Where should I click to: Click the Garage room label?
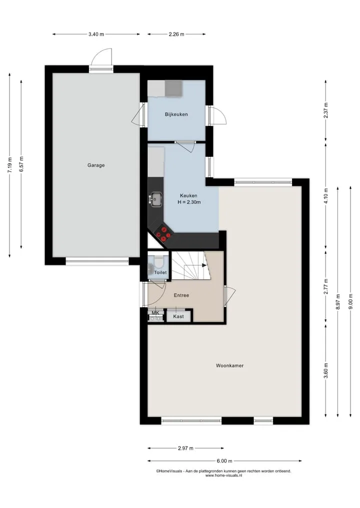click(96, 165)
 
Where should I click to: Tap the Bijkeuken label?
click(176, 114)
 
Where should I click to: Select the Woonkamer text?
click(229, 366)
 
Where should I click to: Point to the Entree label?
click(181, 295)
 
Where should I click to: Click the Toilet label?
click(160, 272)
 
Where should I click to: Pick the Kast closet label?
click(178, 316)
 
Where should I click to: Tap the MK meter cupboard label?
click(155, 313)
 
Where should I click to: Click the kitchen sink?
click(156, 199)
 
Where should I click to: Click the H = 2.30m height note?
click(189, 202)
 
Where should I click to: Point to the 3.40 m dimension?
click(96, 34)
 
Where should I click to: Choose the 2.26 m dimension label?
click(176, 34)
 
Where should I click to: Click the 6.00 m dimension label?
click(224, 461)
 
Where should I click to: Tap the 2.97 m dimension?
click(185, 449)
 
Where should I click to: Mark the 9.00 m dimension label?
click(350, 301)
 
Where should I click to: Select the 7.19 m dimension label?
click(9, 165)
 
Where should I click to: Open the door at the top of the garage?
click(101, 58)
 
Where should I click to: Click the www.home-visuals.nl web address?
click(224, 476)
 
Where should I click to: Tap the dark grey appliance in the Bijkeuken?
click(174, 88)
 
